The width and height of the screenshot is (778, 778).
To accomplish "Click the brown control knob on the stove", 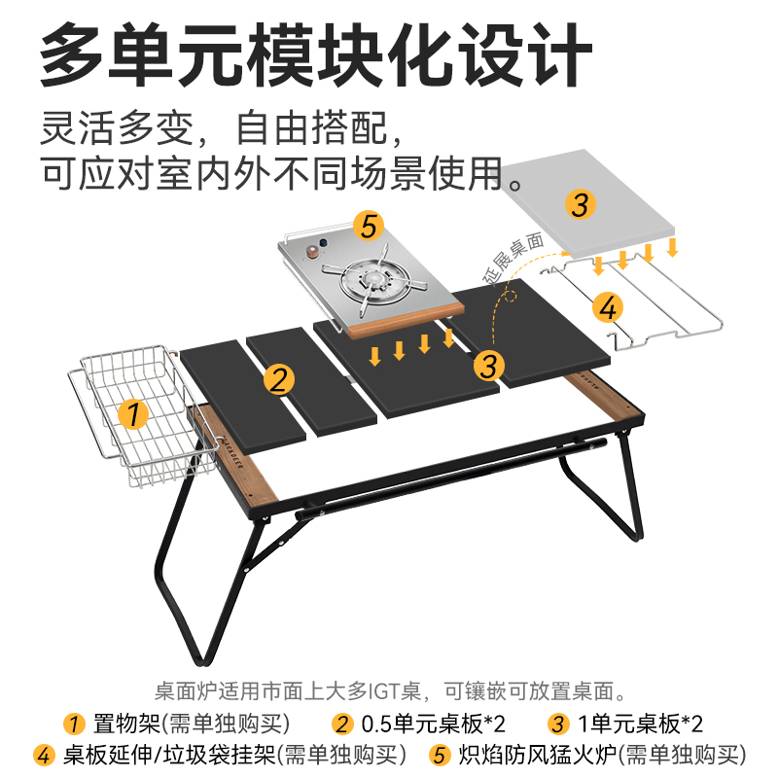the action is (312, 252).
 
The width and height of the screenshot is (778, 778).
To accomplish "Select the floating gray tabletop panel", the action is (588, 203).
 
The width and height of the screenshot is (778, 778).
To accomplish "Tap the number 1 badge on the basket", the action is (133, 414).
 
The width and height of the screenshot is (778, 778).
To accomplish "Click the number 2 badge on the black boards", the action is (279, 380).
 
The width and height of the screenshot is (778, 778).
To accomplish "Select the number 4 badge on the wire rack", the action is (608, 307).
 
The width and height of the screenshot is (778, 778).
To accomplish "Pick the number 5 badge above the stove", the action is (369, 226).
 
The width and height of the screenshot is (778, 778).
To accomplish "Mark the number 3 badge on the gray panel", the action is (580, 204).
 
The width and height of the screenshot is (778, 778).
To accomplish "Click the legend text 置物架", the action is (126, 724).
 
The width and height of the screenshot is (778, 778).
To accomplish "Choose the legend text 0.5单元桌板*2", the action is (433, 724).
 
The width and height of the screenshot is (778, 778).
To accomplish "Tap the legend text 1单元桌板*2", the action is (641, 724).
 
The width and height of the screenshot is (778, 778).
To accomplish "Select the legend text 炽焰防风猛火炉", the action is (538, 756).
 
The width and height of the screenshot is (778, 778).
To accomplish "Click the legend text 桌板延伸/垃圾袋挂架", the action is (169, 756).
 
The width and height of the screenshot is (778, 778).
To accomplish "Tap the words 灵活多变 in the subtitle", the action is (117, 128).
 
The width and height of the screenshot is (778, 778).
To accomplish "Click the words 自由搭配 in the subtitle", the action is (311, 128).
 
